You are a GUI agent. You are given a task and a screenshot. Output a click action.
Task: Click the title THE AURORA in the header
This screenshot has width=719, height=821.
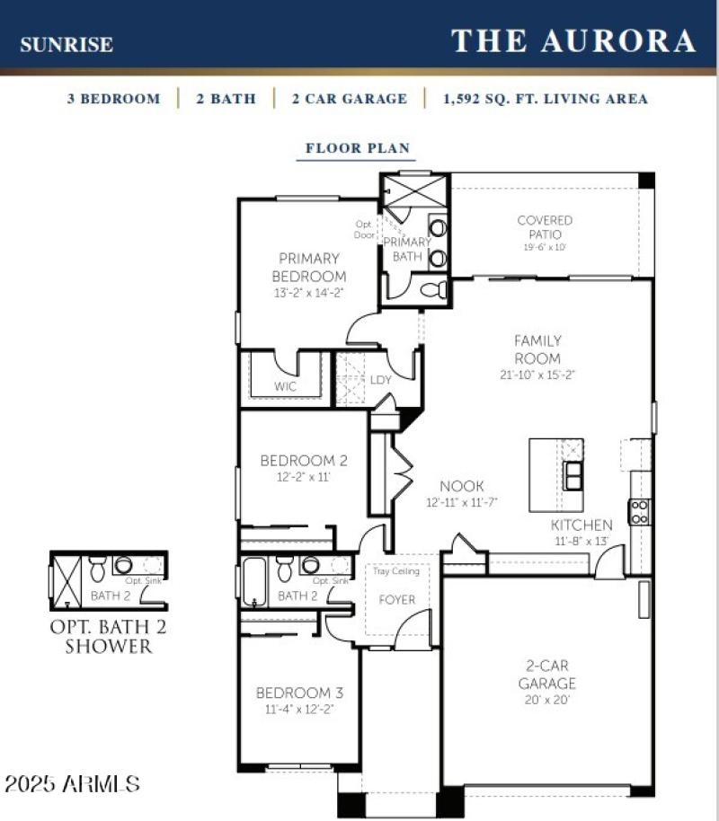point(573,40)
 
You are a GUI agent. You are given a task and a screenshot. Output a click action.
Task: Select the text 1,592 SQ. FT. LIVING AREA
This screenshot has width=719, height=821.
point(546,99)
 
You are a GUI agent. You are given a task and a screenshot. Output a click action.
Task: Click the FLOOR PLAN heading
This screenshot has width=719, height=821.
point(358,148)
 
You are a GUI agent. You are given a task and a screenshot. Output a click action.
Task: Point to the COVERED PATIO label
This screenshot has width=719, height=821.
point(545,226)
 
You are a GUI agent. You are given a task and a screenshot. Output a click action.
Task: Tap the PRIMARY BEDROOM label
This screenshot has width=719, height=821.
point(308,267)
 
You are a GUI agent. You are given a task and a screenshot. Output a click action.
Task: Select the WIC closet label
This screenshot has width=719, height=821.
point(285,387)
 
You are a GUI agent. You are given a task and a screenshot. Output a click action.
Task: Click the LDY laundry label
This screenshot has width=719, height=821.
point(381,380)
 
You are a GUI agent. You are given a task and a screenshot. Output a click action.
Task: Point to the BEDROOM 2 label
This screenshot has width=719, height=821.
point(304,461)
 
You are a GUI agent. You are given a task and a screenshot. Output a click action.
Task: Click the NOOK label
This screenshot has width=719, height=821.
point(455,486)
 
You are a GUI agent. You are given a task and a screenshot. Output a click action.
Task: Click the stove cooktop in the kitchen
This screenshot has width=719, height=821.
point(640,511)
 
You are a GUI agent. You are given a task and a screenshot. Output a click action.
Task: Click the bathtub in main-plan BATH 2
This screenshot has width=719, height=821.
point(254,581)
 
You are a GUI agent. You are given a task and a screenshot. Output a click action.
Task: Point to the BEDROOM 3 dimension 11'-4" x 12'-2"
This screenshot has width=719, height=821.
point(300,709)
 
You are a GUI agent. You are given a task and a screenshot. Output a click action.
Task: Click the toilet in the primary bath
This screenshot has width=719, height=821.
point(435,290)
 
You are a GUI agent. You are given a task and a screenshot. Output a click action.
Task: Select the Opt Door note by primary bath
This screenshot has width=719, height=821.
point(365,229)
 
